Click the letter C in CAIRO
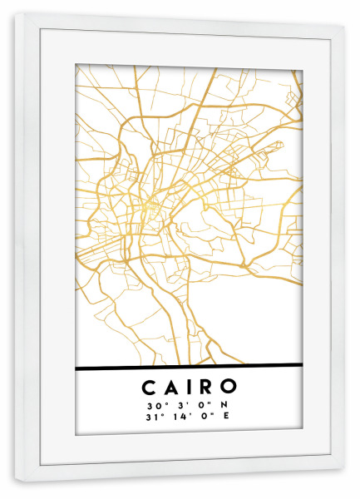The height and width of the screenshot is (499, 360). point(148,387)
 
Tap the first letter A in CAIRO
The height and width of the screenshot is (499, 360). point(168,387)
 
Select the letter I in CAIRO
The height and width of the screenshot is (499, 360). point(186,387)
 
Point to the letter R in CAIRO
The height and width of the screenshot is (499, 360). point(205,387)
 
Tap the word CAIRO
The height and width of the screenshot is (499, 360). point(189,387)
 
